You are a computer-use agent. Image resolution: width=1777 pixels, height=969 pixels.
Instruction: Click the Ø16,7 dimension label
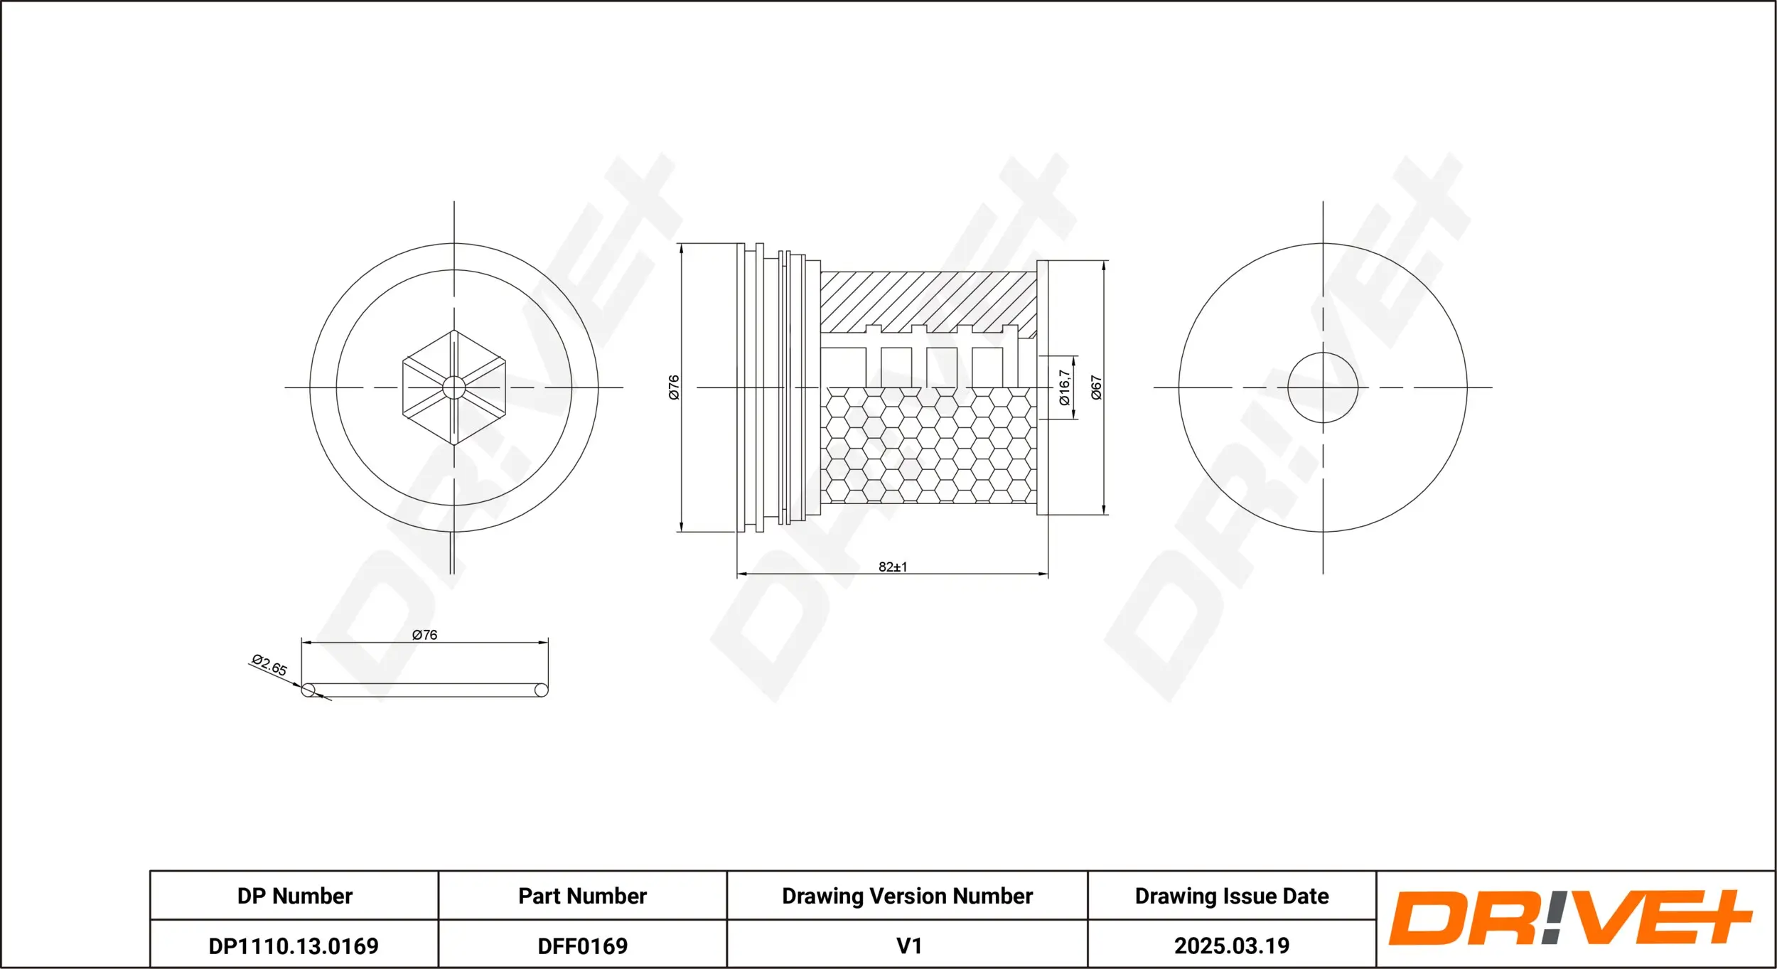[1064, 387]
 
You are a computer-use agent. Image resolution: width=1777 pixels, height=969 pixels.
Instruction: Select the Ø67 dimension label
[1096, 387]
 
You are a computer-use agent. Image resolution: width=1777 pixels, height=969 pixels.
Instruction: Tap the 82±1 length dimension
[892, 567]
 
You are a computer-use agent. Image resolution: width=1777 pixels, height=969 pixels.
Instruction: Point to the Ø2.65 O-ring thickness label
[269, 665]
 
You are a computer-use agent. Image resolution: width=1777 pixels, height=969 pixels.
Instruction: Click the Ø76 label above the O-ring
[424, 635]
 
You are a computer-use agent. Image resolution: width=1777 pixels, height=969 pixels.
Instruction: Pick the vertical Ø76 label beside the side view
[674, 387]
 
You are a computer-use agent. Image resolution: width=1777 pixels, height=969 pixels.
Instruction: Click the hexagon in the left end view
[426, 363]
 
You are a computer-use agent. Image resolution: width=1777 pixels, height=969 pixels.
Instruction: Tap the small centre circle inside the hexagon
[453, 387]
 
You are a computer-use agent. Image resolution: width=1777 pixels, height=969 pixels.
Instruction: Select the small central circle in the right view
[1323, 387]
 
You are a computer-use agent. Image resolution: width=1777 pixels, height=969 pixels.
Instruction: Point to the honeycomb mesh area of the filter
[928, 448]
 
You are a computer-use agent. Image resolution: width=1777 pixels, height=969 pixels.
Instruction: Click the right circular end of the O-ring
[541, 690]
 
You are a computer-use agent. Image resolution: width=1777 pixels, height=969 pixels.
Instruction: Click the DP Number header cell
[294, 896]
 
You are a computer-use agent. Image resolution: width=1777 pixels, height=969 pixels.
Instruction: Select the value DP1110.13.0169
[294, 946]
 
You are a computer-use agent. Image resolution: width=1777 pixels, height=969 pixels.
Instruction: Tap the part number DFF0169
[582, 946]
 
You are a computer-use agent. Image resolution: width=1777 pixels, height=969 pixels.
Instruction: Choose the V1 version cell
[908, 946]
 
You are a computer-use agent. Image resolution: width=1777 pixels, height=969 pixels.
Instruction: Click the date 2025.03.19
[1231, 946]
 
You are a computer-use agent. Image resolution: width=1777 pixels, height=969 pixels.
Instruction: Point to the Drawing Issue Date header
[1231, 896]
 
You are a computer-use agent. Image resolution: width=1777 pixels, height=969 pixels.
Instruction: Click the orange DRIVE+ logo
[1571, 918]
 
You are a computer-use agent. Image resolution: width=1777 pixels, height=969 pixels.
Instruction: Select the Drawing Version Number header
[907, 896]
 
